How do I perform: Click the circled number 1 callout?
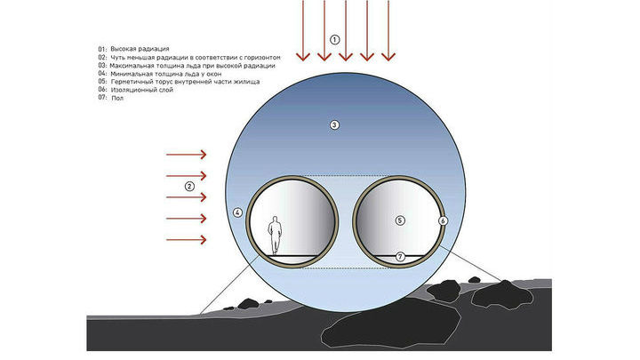pos(335,40)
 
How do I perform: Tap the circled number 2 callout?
pos(189,187)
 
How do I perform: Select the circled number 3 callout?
pos(335,125)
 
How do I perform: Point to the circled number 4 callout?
pos(237,212)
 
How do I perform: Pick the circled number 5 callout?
pos(400,220)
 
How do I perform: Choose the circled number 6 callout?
pos(444,220)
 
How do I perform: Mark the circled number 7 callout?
pos(400,257)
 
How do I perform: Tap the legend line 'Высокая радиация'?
pos(140,49)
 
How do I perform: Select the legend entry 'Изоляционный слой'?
pos(141,90)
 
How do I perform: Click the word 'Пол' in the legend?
pos(117,98)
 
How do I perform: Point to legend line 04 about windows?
pos(160,74)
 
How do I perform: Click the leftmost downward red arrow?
pos(303,30)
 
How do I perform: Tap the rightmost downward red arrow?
pos(388,30)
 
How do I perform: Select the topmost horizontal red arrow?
pos(186,155)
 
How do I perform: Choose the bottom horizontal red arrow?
pos(186,240)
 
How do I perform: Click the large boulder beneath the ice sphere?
pos(391,324)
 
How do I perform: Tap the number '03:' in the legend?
pos(102,65)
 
